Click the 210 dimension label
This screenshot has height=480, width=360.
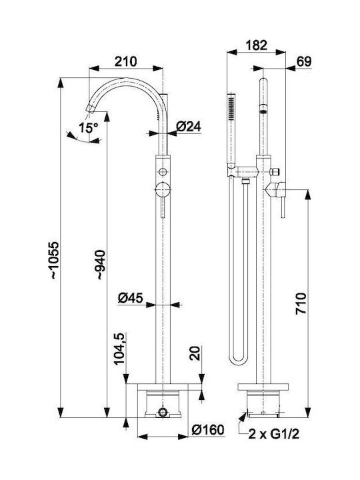click(x=125, y=61)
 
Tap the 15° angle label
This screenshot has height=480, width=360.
click(x=88, y=127)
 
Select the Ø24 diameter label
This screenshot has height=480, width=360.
click(x=189, y=126)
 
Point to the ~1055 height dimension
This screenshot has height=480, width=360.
click(x=54, y=260)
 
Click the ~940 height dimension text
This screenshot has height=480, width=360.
click(x=101, y=265)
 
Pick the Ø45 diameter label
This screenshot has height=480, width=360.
click(x=131, y=297)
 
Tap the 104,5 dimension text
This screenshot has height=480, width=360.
click(x=119, y=349)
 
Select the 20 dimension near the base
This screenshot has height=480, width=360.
click(x=195, y=353)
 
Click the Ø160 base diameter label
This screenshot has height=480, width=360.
click(x=208, y=430)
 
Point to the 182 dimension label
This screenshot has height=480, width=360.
click(x=257, y=45)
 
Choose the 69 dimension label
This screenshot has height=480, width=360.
click(x=304, y=61)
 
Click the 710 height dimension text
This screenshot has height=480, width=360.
click(x=301, y=304)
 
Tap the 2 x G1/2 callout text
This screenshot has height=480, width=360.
click(x=274, y=434)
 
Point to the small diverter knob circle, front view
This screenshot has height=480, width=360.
click(x=163, y=172)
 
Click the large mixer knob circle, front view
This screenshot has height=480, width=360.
click(x=163, y=189)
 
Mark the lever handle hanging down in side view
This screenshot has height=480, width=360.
click(x=283, y=208)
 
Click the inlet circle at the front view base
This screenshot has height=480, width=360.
click(x=163, y=412)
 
